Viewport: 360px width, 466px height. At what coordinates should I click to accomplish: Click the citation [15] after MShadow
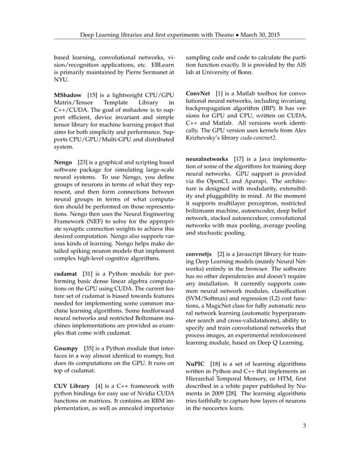tap(96, 93)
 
